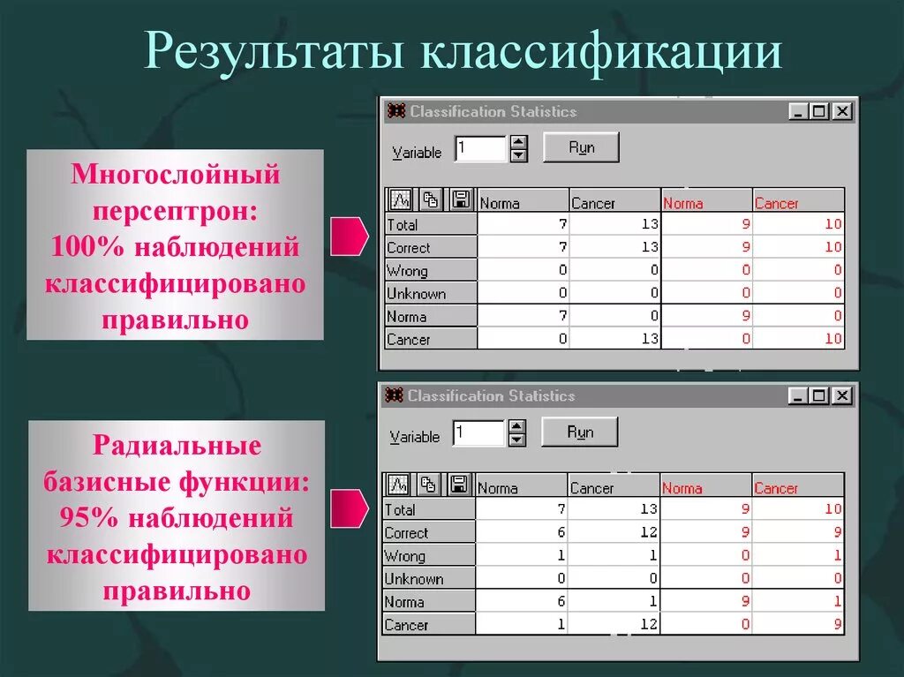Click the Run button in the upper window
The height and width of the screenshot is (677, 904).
click(x=581, y=147)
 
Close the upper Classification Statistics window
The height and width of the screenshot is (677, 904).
click(x=842, y=111)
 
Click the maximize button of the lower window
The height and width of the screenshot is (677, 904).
click(x=819, y=396)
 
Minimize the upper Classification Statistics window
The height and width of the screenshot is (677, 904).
click(x=798, y=111)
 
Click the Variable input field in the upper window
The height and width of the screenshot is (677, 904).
click(x=480, y=149)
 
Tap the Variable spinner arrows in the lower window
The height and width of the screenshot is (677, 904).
click(x=517, y=433)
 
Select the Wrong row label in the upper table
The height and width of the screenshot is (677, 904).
click(x=407, y=271)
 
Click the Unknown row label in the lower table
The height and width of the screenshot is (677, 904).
click(x=414, y=579)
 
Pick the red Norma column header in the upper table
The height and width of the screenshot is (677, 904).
click(x=683, y=203)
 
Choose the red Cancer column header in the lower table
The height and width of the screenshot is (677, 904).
click(x=776, y=488)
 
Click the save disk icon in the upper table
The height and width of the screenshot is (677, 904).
click(x=460, y=199)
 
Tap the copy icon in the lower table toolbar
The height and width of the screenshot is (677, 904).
click(x=428, y=485)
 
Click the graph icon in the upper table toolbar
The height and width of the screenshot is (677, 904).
click(x=401, y=199)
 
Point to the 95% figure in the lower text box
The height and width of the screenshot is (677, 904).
click(x=89, y=518)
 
